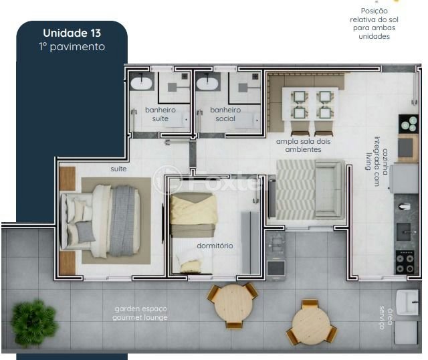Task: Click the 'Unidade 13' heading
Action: [x=72, y=33]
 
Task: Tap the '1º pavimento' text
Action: [x=72, y=47]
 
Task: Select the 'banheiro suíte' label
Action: [x=160, y=114]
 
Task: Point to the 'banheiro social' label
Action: [x=225, y=114]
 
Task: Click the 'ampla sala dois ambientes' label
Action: [x=303, y=145]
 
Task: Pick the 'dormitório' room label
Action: [x=215, y=246]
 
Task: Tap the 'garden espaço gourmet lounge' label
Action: [x=140, y=313]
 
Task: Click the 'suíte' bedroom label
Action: [x=118, y=169]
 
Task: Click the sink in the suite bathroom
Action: [x=141, y=84]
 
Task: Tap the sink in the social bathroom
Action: [x=207, y=84]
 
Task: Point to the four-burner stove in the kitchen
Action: [x=405, y=262]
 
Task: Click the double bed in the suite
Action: [x=100, y=221]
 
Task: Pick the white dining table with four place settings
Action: [x=310, y=104]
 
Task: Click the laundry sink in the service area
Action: [x=407, y=302]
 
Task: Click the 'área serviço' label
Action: [x=386, y=318]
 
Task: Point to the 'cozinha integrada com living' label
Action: [x=377, y=162]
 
